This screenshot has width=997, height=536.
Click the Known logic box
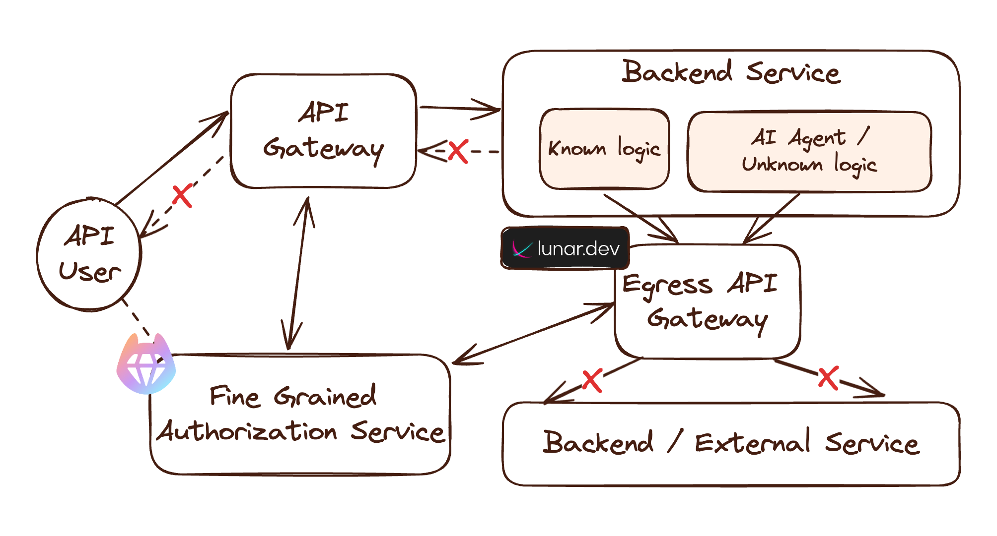pos(604,149)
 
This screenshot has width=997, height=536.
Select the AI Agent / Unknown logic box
pos(809,151)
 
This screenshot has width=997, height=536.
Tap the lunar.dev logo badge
pos(565,248)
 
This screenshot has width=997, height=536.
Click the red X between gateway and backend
pos(458,151)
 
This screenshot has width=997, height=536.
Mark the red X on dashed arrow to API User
pos(182,195)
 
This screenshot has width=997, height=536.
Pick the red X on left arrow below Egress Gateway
pos(592,380)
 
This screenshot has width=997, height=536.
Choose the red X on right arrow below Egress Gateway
pos(828,378)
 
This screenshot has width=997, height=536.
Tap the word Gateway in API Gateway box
pos(323,149)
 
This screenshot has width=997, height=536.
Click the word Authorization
pos(247,431)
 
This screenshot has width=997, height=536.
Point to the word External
pos(752,443)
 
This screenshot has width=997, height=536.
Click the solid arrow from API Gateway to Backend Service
pos(459,108)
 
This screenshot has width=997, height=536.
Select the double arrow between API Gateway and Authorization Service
pos(298,273)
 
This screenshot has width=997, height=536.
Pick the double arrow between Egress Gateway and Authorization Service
pos(534,334)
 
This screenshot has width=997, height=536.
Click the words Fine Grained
pos(293,396)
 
